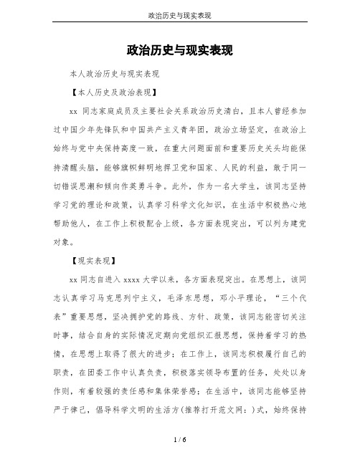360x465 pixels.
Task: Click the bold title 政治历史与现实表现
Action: click(179, 51)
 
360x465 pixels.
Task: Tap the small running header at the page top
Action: click(179, 15)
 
